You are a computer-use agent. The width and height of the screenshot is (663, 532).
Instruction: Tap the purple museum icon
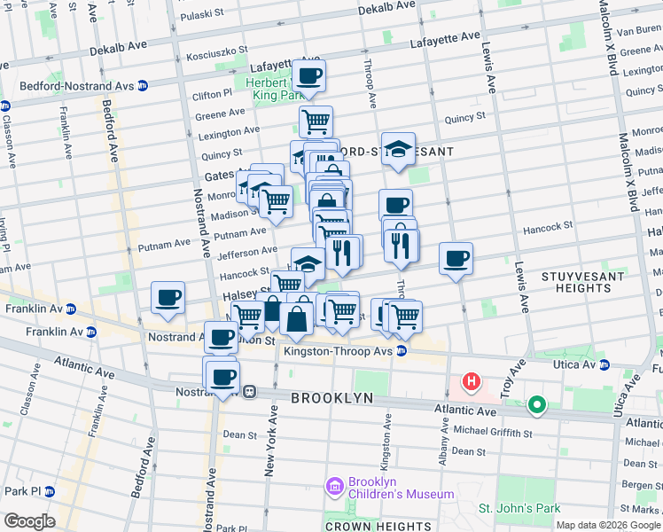click(334, 487)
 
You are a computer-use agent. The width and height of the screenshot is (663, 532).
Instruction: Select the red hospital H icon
click(472, 382)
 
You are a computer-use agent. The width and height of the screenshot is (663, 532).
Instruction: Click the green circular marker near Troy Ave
click(535, 406)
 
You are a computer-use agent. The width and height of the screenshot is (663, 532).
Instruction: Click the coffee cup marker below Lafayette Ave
click(308, 76)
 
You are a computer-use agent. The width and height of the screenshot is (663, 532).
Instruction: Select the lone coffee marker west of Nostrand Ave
click(168, 298)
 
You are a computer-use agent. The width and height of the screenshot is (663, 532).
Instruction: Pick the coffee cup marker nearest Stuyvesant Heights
click(456, 259)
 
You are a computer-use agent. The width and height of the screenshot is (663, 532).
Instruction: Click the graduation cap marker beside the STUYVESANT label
click(398, 149)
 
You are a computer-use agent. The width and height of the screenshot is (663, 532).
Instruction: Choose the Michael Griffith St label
click(492, 434)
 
